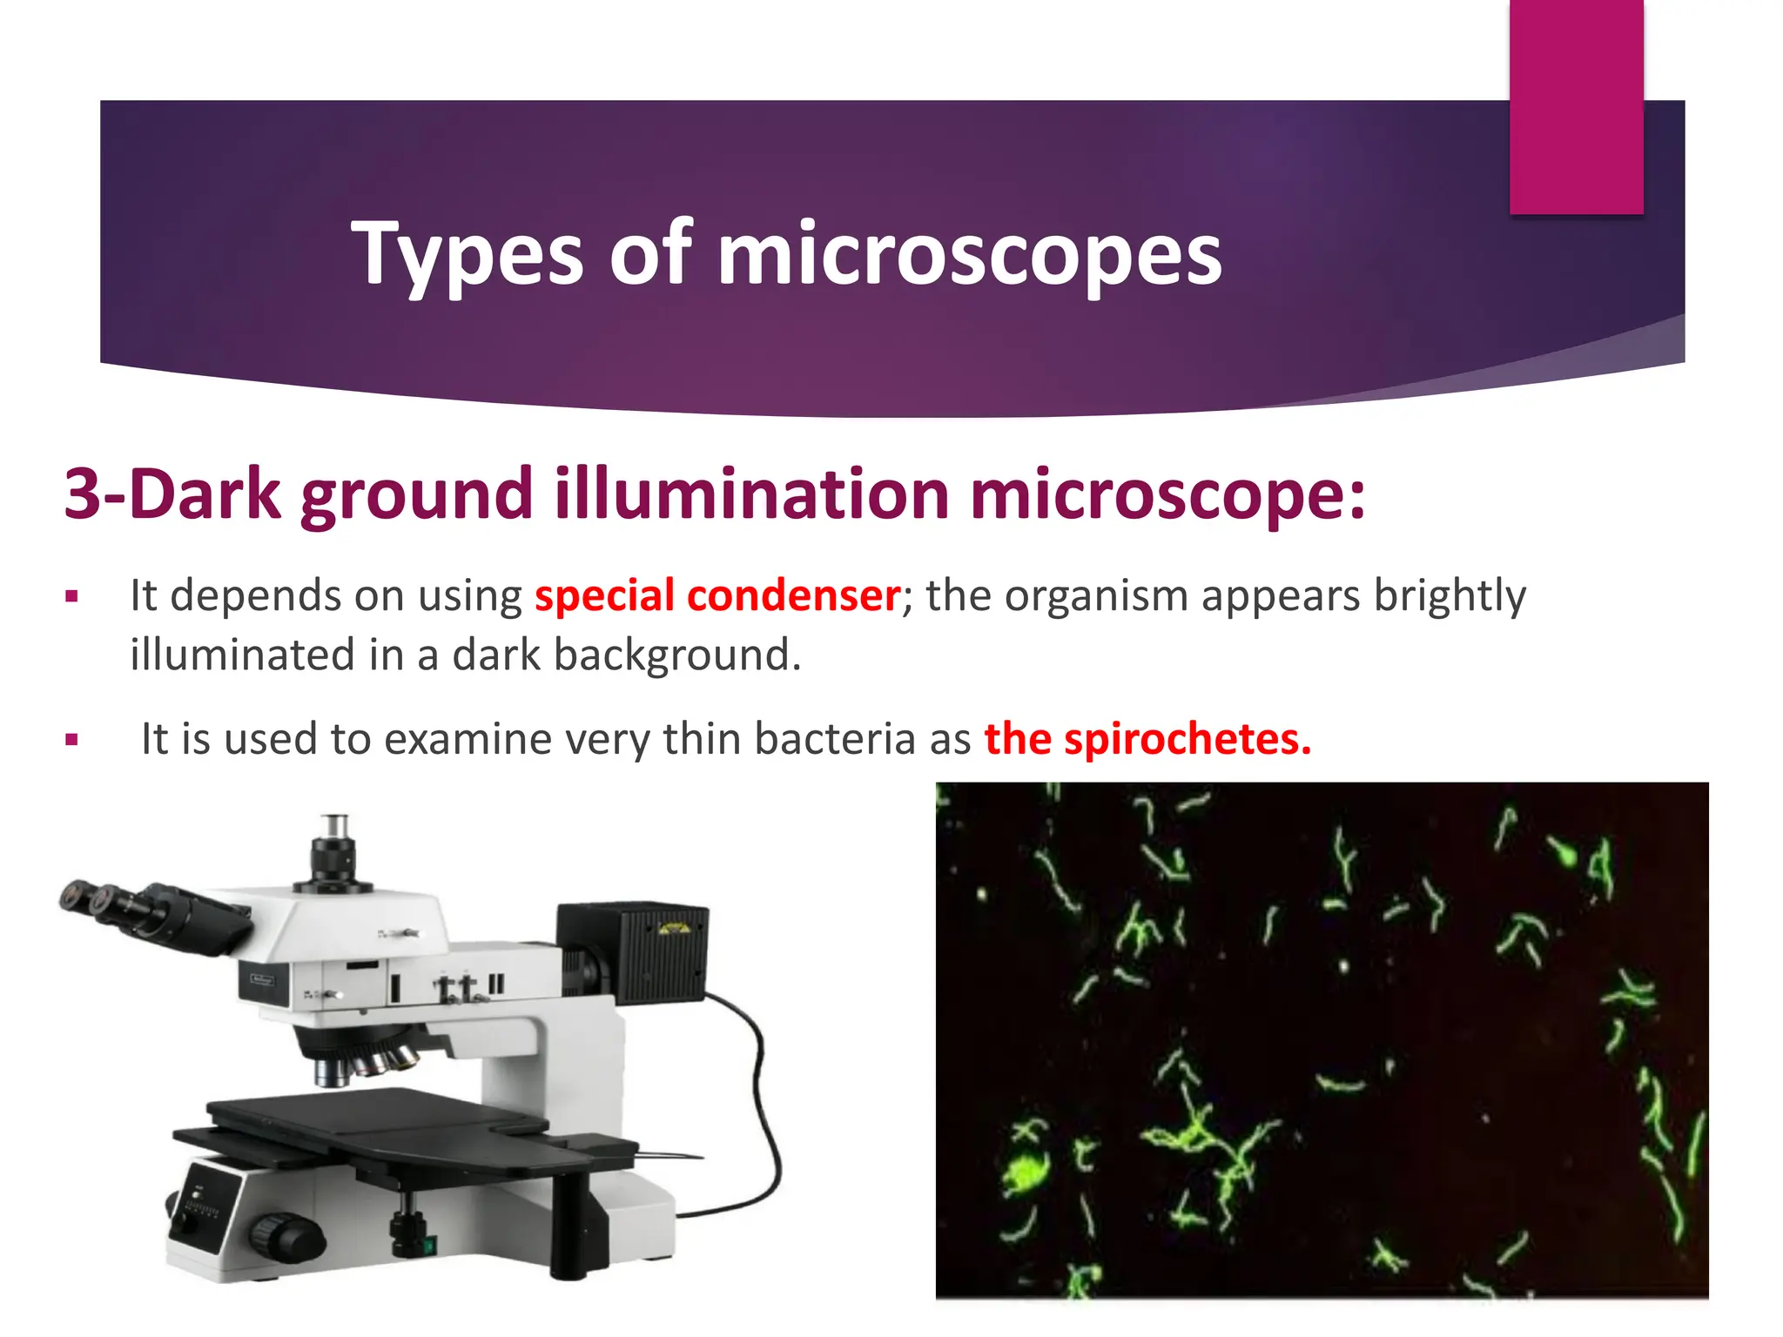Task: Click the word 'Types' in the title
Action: pyautogui.click(x=467, y=254)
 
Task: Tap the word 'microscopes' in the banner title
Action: pyautogui.click(x=969, y=254)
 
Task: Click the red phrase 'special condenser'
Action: pyautogui.click(x=717, y=596)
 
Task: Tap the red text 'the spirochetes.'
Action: pyautogui.click(x=1147, y=739)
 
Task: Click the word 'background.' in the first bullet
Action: pyautogui.click(x=677, y=655)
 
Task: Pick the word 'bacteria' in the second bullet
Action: pyautogui.click(x=835, y=739)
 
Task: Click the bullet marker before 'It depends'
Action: pyautogui.click(x=72, y=598)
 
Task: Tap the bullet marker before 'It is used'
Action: pyautogui.click(x=72, y=741)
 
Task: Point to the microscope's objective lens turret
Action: pyautogui.click(x=366, y=1058)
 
